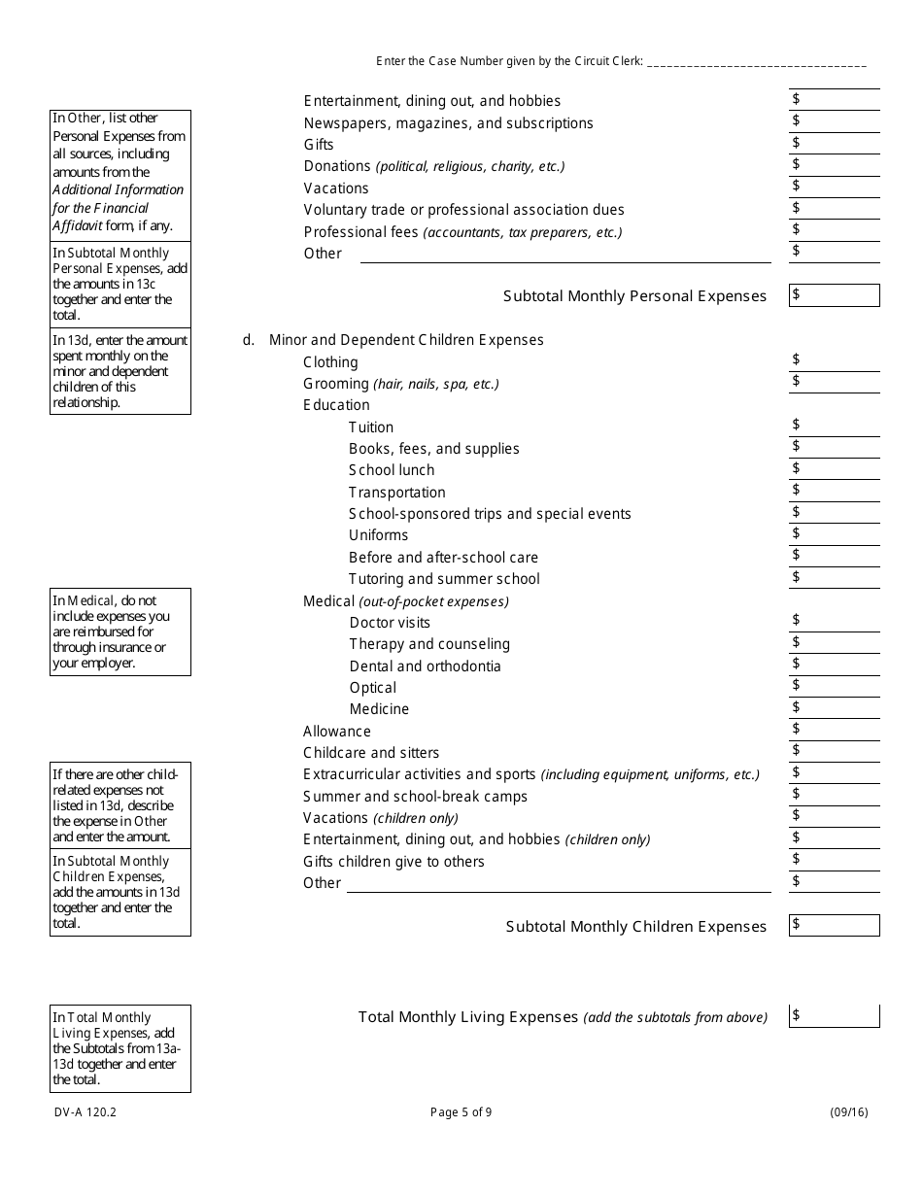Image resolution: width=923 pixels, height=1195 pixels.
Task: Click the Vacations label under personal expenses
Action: click(x=336, y=188)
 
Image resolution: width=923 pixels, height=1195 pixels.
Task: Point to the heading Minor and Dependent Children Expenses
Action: click(x=406, y=340)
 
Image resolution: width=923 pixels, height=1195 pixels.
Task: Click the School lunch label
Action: click(x=392, y=470)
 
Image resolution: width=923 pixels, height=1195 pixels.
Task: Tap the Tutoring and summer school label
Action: click(x=444, y=579)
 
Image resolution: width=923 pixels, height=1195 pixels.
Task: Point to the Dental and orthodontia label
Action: click(x=425, y=666)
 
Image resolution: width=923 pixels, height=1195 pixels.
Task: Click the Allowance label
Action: click(x=337, y=732)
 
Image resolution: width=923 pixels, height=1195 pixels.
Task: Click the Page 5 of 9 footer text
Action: click(x=461, y=1113)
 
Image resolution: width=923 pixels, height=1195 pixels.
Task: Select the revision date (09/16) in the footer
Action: click(x=848, y=1113)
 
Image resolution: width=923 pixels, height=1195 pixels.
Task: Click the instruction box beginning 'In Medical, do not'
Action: click(x=120, y=632)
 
